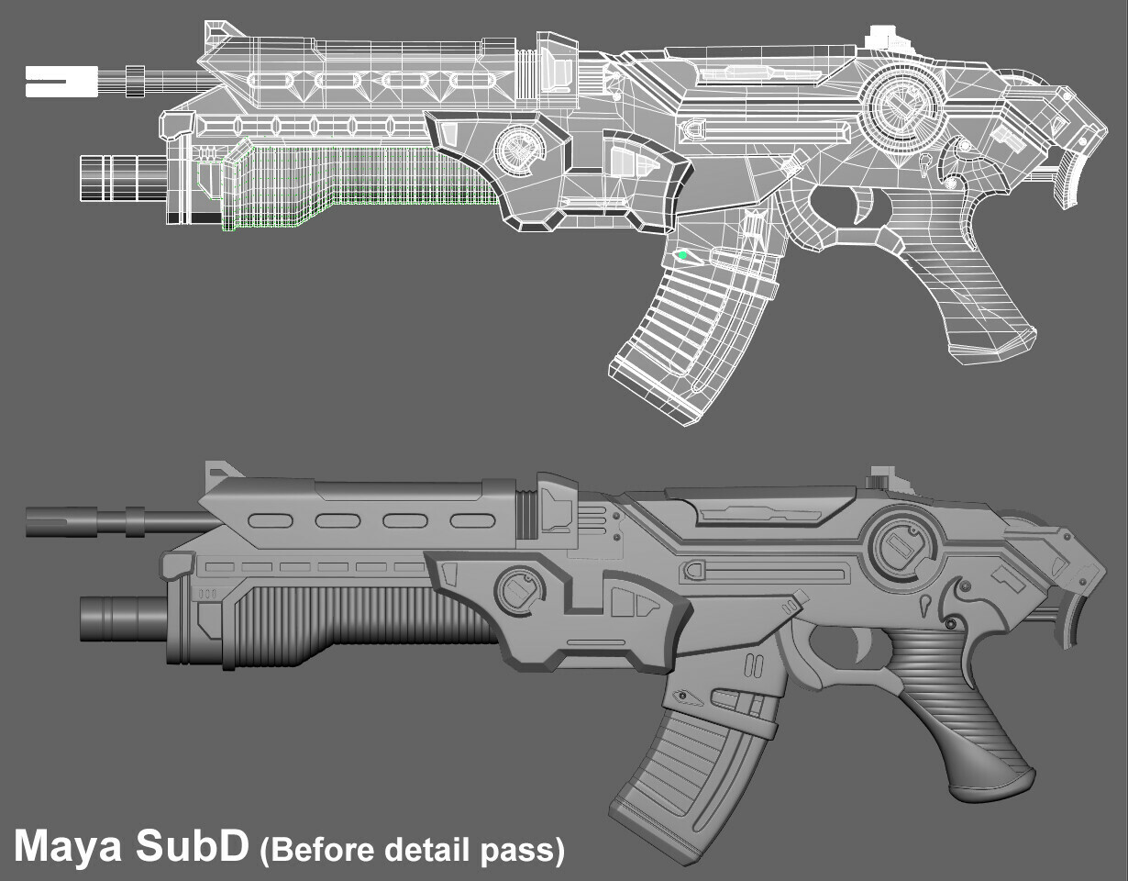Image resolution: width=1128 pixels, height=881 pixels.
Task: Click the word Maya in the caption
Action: coord(68,848)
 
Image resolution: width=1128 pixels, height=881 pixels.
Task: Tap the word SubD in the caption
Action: coord(192,846)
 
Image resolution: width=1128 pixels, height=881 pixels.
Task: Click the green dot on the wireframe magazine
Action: coord(683,255)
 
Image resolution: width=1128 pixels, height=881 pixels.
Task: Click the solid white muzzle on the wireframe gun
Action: coord(61,82)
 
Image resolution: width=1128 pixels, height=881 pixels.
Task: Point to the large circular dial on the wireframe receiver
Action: coord(901,106)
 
